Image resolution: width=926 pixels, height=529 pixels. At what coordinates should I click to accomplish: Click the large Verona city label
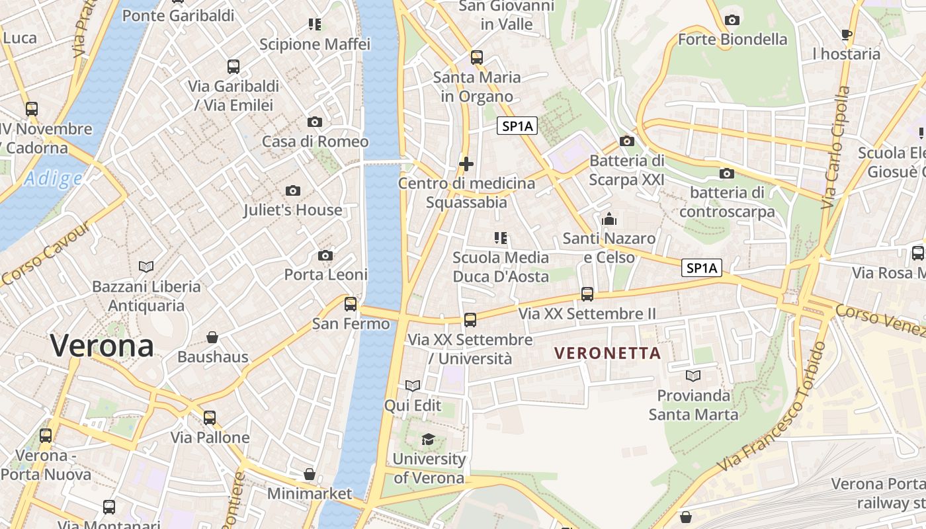tap(102, 346)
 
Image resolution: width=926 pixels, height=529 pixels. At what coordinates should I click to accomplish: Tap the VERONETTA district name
tap(608, 353)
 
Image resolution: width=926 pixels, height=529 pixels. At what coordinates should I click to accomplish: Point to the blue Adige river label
tap(54, 179)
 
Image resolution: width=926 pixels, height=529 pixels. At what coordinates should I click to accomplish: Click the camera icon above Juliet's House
tap(292, 191)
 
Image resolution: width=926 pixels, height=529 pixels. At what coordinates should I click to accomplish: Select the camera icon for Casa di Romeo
tap(315, 122)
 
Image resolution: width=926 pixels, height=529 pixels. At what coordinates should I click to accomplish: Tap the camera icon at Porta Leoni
tap(325, 255)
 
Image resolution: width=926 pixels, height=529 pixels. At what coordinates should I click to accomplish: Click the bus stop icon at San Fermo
tap(351, 304)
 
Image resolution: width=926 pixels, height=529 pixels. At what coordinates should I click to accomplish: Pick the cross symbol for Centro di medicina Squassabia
tap(466, 163)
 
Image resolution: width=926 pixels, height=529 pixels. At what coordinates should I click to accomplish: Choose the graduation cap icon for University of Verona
tap(428, 440)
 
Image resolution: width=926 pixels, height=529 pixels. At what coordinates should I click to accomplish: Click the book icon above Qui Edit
tap(413, 386)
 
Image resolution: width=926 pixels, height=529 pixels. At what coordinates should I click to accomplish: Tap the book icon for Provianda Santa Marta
tap(693, 376)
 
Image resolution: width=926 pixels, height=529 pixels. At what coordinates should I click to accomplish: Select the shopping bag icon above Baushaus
tap(212, 337)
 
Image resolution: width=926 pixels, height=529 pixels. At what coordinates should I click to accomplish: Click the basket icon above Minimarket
tap(310, 474)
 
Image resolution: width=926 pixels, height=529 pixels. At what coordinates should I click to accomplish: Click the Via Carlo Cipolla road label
tap(835, 149)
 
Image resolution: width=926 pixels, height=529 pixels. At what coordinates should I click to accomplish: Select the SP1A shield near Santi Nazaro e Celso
tap(702, 268)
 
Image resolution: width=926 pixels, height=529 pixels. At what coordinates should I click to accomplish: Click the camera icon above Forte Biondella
tap(732, 20)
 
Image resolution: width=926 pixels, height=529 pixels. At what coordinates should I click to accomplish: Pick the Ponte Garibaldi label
tap(179, 15)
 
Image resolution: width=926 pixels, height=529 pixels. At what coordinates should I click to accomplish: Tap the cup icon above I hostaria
tap(846, 34)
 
